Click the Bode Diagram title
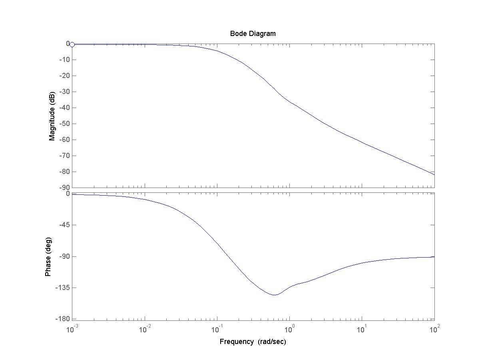pyautogui.click(x=253, y=34)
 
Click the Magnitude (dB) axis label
pyautogui.click(x=52, y=116)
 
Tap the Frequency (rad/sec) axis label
pyautogui.click(x=253, y=342)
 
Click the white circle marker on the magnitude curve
pyautogui.click(x=72, y=44)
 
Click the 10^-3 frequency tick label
pyautogui.click(x=73, y=329)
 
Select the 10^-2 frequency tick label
pyautogui.click(x=145, y=329)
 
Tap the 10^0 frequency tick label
pyautogui.click(x=290, y=329)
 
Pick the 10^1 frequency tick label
pyautogui.click(x=362, y=329)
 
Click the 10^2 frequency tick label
pyautogui.click(x=434, y=329)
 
